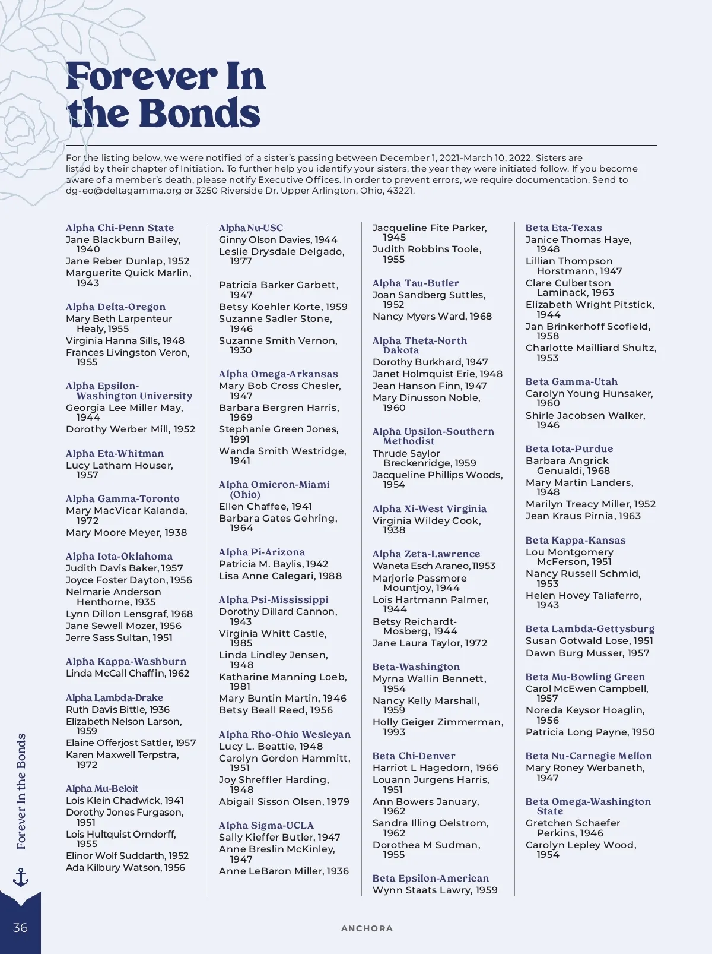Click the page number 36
(20, 928)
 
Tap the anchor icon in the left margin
(21, 877)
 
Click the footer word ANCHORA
(367, 928)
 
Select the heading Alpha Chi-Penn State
(120, 228)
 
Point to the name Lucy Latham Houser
(119, 466)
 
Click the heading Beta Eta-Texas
(564, 228)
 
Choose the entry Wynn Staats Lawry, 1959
(435, 890)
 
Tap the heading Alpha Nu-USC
(251, 228)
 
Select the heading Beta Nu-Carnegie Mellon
(589, 756)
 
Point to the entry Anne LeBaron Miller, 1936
(284, 871)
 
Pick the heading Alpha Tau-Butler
(415, 283)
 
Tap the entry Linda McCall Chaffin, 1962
(128, 673)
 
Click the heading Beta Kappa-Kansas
(576, 540)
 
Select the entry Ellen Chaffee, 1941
(265, 506)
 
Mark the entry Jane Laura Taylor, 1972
(430, 643)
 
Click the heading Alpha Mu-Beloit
(102, 788)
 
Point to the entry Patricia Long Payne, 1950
(590, 732)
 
